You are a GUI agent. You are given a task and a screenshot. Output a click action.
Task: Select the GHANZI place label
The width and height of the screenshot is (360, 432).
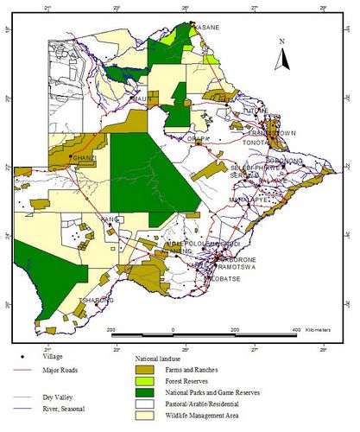tap(84, 158)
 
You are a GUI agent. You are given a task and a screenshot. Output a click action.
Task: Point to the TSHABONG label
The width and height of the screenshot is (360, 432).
tap(95, 301)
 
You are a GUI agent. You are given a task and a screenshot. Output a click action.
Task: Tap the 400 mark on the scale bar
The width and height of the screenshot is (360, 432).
tap(295, 330)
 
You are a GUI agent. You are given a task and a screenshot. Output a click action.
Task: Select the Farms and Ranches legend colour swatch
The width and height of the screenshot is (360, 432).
tap(150, 369)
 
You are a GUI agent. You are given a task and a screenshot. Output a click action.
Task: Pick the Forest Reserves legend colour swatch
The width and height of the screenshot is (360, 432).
tap(150, 381)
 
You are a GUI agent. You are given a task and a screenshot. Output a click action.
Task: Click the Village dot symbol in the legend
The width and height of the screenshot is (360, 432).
tap(20, 356)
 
